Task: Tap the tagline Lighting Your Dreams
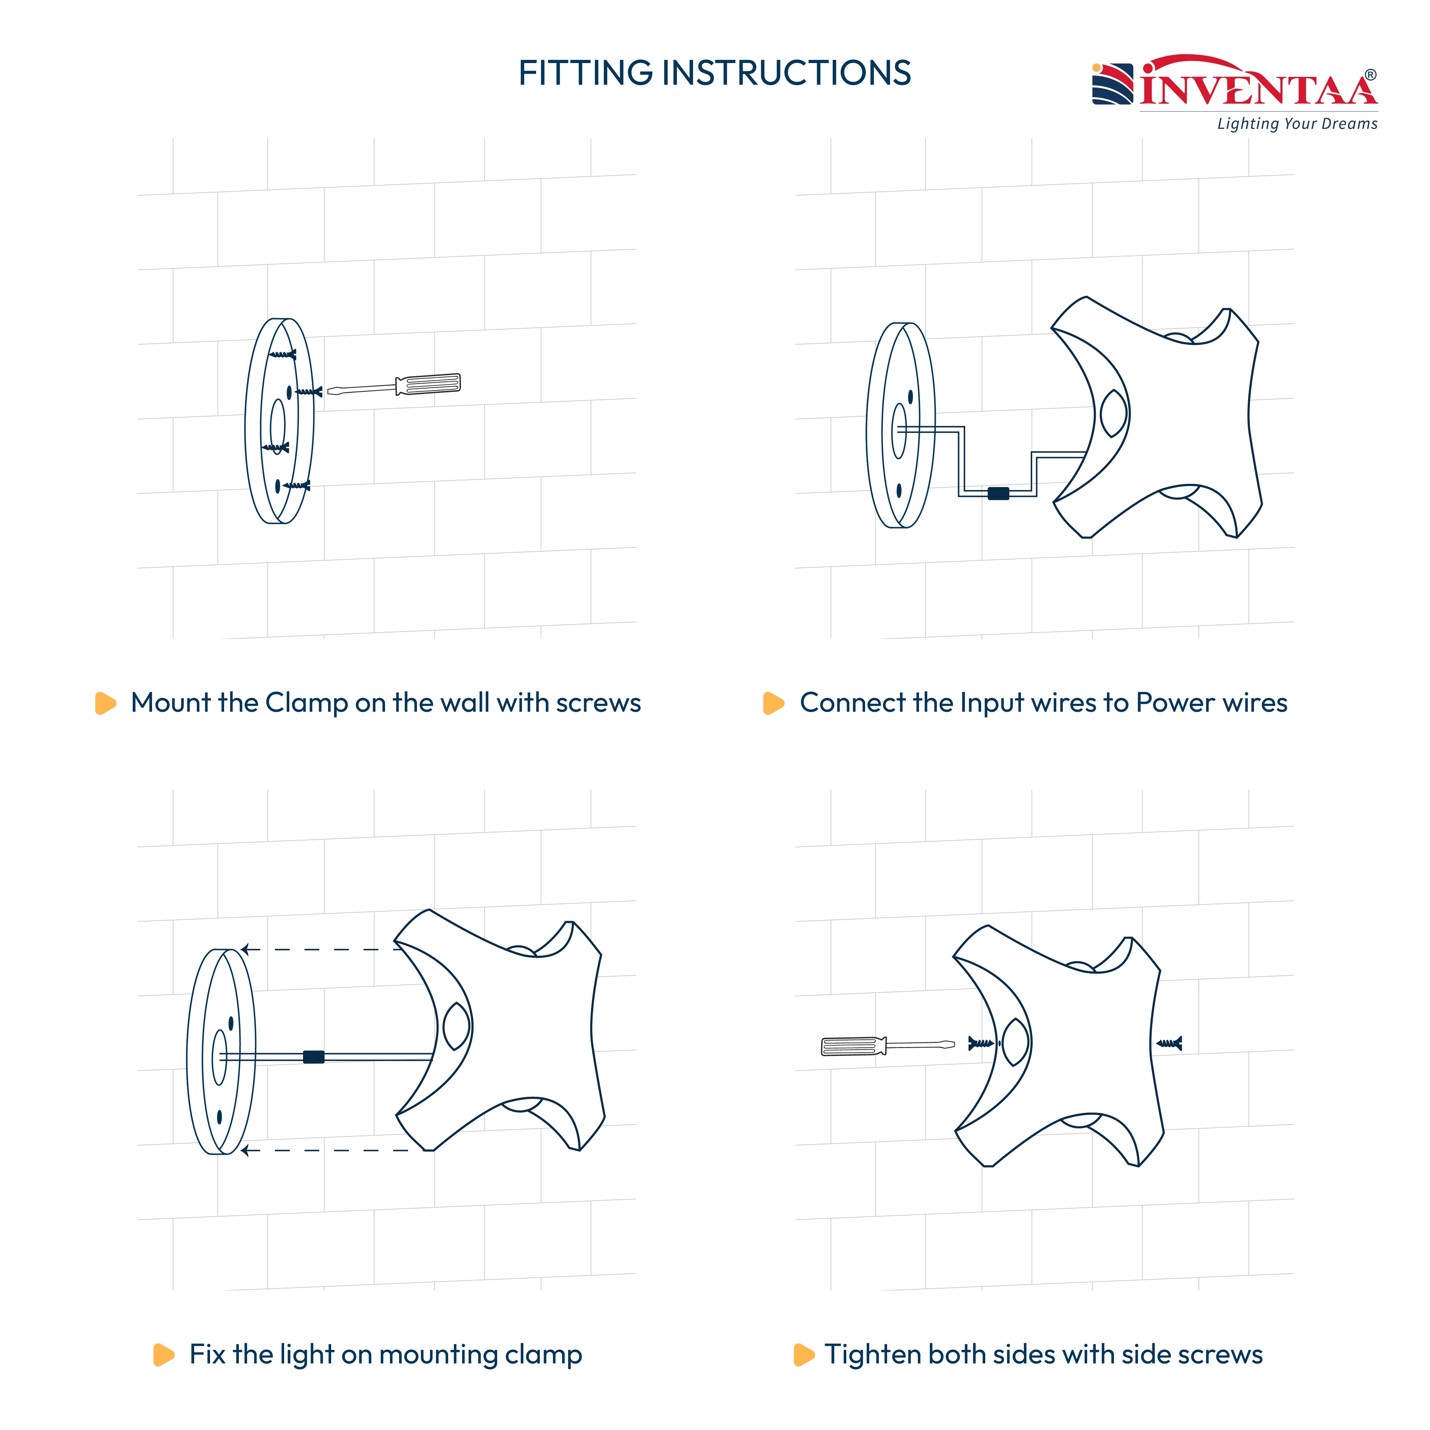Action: (1298, 124)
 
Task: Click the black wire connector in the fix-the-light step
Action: (314, 1057)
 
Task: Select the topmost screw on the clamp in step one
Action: (282, 354)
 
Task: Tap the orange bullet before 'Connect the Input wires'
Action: (774, 703)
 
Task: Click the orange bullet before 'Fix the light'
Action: (164, 1355)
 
